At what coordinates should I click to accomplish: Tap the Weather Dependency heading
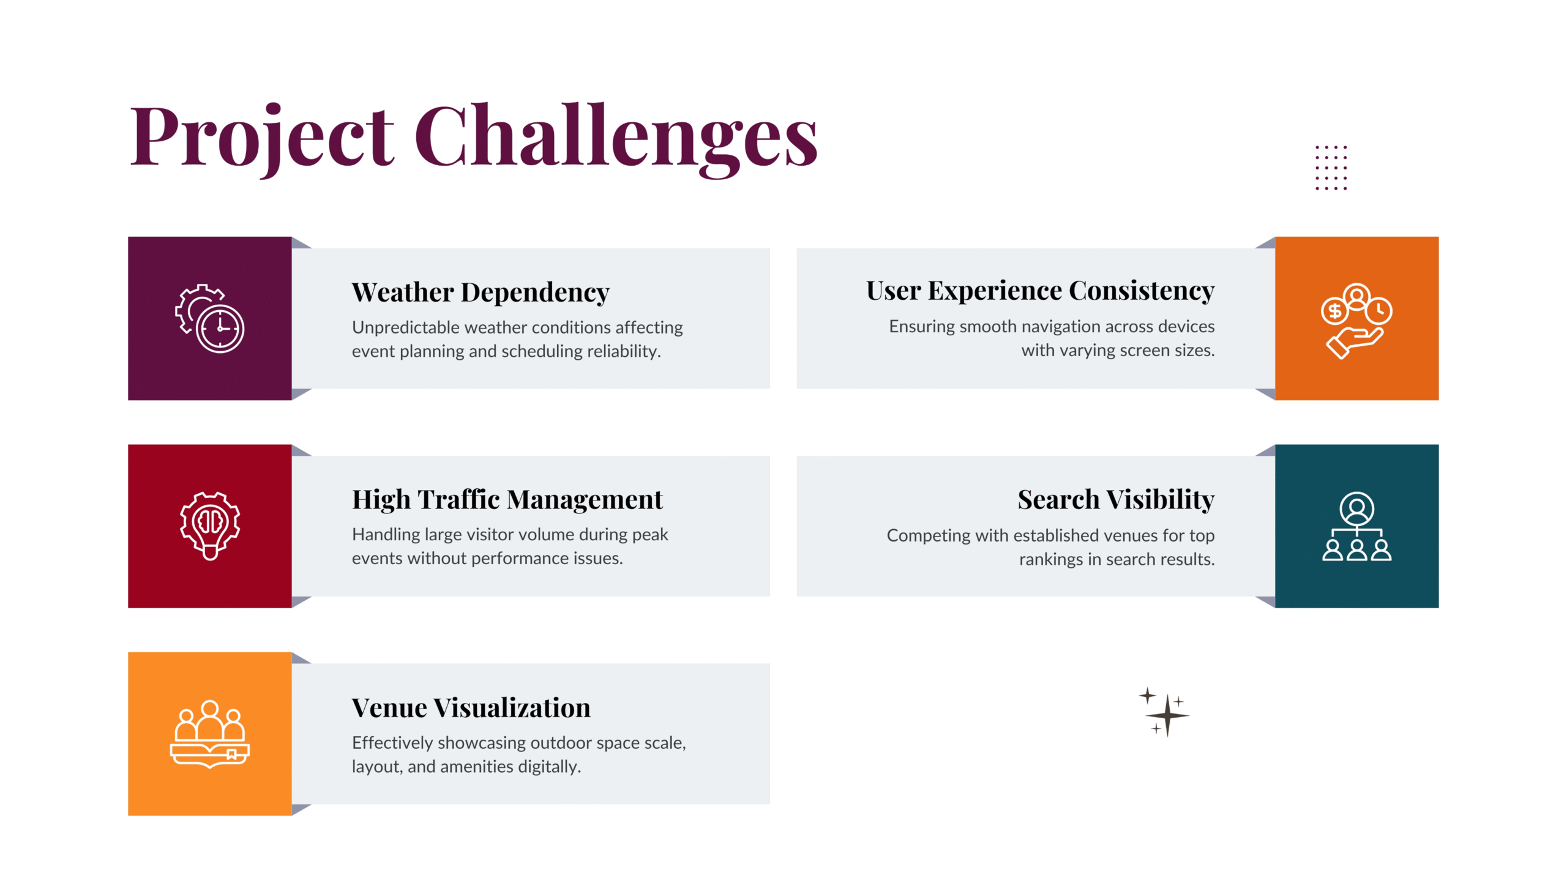(481, 293)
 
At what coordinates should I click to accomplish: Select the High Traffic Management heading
(507, 500)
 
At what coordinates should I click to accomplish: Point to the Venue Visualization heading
(471, 708)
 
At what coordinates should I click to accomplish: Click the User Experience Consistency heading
(1040, 292)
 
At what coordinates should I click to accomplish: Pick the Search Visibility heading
(1116, 500)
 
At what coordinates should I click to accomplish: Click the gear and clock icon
(210, 318)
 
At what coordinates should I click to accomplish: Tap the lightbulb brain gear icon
(210, 526)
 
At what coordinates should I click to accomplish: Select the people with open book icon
(210, 734)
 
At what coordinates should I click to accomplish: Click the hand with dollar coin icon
(1356, 321)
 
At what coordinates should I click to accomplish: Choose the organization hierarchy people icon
(1356, 526)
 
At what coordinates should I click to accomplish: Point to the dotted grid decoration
(1331, 168)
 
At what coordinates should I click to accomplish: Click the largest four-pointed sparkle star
(1167, 715)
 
